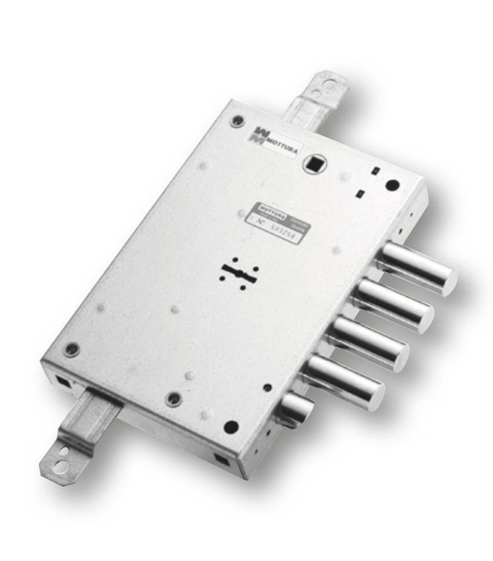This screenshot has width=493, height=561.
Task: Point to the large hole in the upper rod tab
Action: tap(329, 85)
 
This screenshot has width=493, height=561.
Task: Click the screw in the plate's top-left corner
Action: tap(235, 122)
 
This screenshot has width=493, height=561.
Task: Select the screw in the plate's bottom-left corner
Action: tap(71, 349)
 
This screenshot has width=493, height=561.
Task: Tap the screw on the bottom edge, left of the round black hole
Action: tap(173, 400)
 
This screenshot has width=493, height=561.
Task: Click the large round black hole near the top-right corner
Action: tap(393, 185)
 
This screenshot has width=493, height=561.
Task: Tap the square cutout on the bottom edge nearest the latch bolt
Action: tap(221, 459)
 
